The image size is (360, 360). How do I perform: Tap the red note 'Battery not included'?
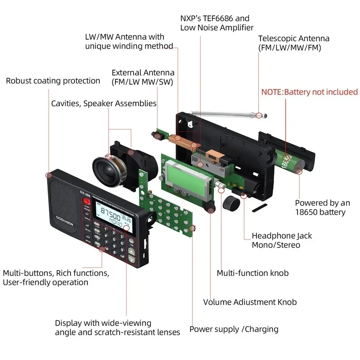[x=310, y=92]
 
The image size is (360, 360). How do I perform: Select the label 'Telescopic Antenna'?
[x=294, y=39]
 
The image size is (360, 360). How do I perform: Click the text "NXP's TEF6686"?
[x=215, y=18]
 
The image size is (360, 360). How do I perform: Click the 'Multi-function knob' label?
[x=252, y=273]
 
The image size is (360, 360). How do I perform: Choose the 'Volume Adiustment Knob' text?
[x=250, y=302]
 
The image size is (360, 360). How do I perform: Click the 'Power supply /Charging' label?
[x=234, y=329]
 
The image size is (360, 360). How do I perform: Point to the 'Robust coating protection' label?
[x=53, y=81]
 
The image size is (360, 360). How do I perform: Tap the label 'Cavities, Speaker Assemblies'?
[x=103, y=103]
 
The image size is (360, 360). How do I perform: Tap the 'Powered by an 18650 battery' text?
[x=322, y=207]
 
